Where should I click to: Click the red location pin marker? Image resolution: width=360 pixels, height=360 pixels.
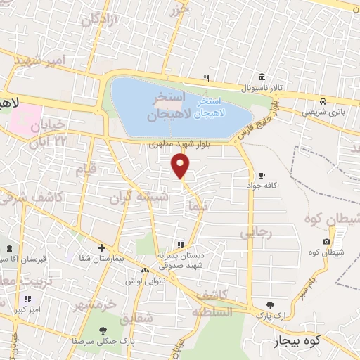(x=181, y=166)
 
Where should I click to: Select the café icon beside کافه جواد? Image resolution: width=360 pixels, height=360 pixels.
(x=262, y=176)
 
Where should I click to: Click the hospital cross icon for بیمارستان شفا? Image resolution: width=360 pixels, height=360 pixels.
(x=102, y=248)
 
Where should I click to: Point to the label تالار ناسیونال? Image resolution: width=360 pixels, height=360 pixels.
(x=261, y=89)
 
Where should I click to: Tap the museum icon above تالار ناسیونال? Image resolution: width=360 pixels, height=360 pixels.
(x=262, y=77)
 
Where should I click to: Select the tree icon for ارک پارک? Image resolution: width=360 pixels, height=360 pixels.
(x=270, y=305)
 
